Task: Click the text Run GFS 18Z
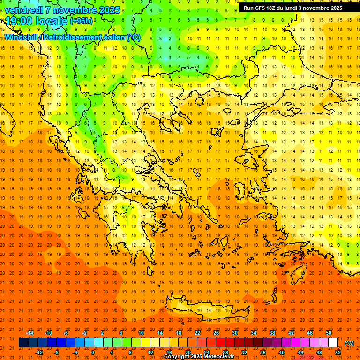(262, 8)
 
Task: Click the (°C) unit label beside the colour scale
(349, 343)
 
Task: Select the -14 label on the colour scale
(30, 333)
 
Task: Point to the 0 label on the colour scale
(92, 352)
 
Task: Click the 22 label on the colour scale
(197, 333)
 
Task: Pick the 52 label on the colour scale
(338, 352)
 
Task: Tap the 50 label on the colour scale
(329, 333)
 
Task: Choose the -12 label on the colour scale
(39, 352)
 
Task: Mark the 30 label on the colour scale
(235, 333)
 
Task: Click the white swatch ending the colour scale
(333, 343)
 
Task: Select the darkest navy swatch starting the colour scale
(23, 343)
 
